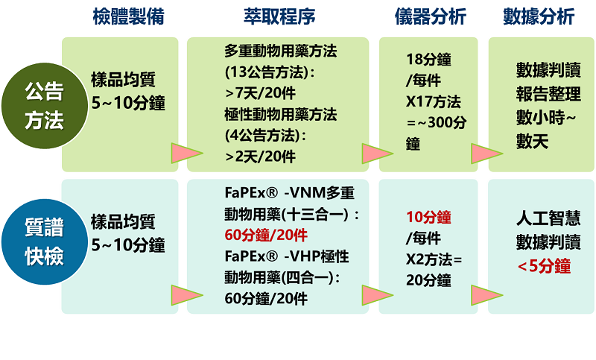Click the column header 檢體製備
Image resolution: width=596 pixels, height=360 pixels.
pos(128,16)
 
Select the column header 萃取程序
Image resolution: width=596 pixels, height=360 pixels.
pos(279,16)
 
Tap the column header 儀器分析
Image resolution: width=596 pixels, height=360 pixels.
pos(431,16)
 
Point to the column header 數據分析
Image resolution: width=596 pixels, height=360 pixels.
pos(539,16)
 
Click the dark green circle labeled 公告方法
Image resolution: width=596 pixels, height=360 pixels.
pos(45,106)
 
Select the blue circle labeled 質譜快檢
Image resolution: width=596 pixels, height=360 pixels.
pos(45,241)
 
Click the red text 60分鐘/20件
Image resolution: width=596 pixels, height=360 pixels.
pos(266,236)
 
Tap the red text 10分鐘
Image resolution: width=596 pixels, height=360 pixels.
pos(428,217)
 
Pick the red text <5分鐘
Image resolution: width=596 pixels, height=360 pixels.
pos(544,266)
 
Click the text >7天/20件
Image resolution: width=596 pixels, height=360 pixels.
pos(260,93)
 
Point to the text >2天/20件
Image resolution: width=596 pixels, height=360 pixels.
pos(260,157)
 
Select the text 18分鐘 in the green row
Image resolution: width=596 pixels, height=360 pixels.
pos(428,60)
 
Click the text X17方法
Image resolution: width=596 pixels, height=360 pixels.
pos(434,101)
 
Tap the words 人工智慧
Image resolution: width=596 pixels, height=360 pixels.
pos(548,218)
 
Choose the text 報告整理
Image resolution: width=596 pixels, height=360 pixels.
pos(548,94)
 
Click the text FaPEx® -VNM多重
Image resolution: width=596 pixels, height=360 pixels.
pos(290,193)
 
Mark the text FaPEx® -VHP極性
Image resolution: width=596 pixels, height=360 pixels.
pos(287,256)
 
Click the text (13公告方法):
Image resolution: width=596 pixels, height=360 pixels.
pos(270,72)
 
